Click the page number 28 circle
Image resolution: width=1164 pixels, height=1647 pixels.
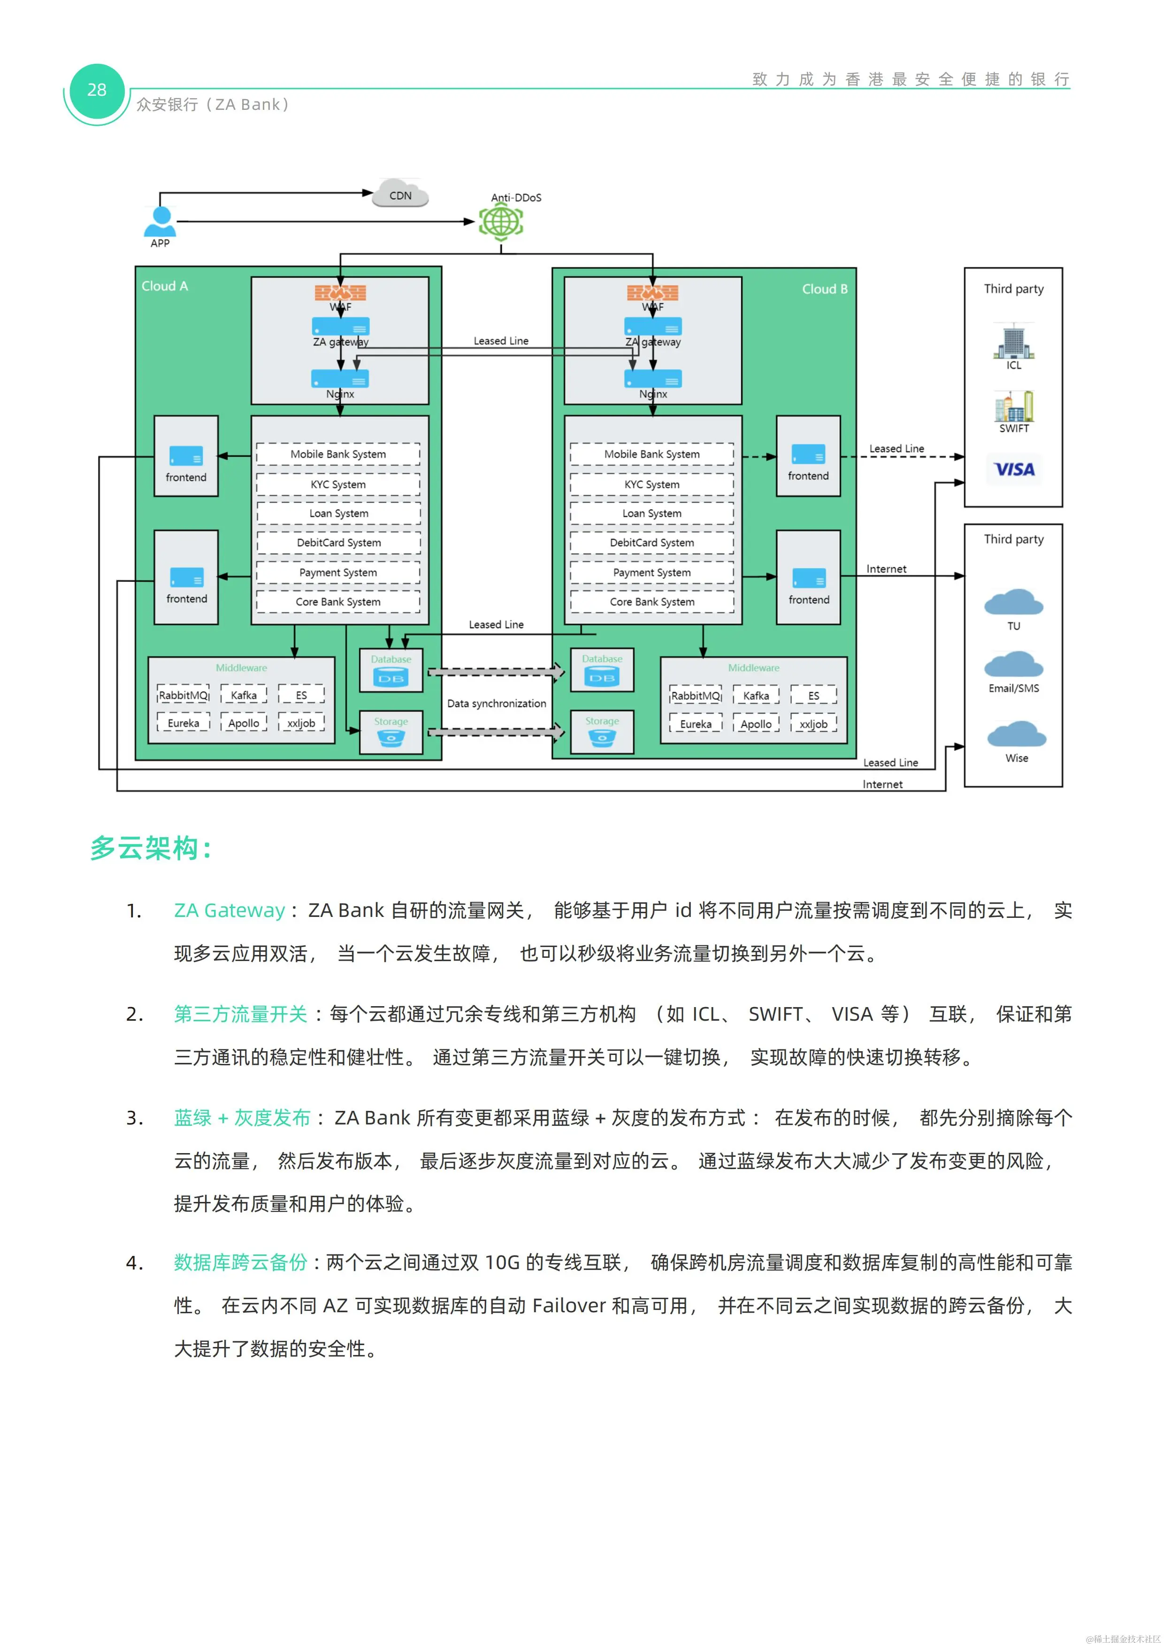97,91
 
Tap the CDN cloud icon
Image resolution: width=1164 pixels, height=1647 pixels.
400,194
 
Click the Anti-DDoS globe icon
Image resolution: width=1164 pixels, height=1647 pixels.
501,222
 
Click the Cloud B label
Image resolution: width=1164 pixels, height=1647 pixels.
824,289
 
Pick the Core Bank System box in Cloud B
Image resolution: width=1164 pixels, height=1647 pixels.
652,602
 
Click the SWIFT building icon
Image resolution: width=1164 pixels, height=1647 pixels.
1013,407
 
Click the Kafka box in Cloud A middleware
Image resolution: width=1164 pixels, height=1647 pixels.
244,695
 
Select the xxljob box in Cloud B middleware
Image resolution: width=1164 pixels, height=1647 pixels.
813,724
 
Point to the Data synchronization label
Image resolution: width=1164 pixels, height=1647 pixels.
496,704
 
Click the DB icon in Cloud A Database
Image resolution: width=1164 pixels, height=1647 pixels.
391,678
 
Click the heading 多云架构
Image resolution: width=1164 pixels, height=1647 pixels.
151,848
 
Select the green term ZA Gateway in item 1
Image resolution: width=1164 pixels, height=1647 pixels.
230,910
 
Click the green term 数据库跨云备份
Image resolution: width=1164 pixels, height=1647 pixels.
240,1262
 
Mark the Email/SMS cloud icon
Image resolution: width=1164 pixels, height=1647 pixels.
1013,666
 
